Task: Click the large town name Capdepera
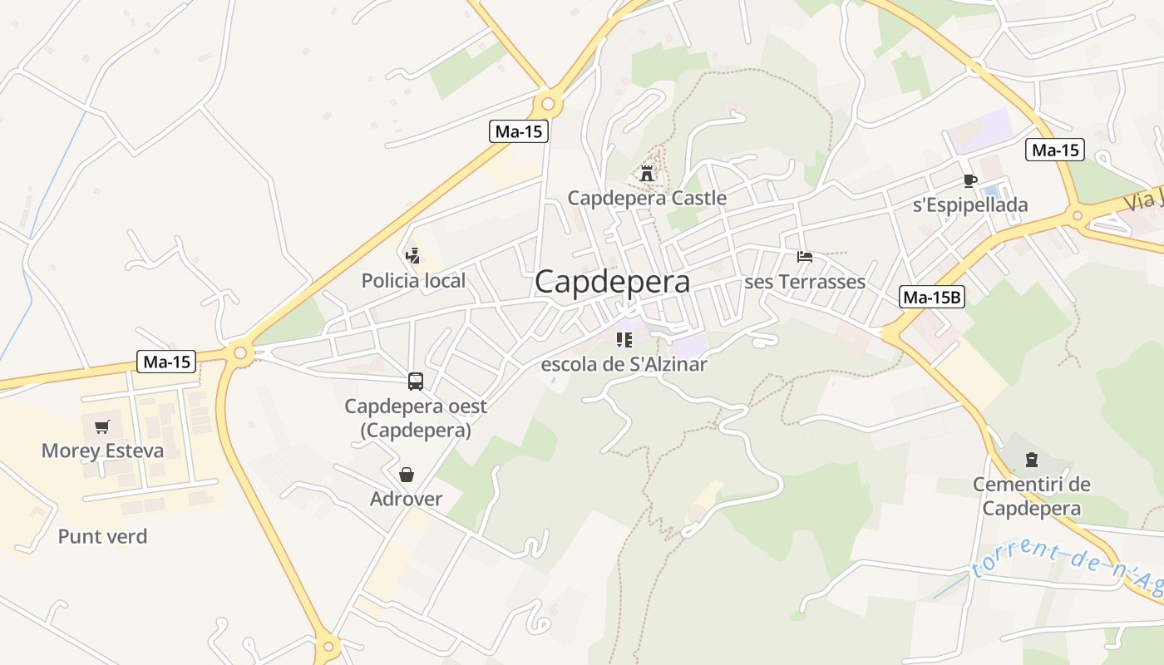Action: coord(612,282)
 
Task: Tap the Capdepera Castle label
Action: coord(647,198)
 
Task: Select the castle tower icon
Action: coord(647,174)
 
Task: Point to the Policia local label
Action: coord(413,281)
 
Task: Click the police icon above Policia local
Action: coord(412,256)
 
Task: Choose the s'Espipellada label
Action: coord(970,205)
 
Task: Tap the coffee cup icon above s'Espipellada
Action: coord(969,180)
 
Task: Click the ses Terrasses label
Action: coord(805,282)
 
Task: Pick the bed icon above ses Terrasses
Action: coord(805,257)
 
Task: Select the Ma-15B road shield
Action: coord(932,297)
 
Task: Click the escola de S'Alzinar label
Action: coord(624,364)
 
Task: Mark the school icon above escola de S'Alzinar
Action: coord(624,339)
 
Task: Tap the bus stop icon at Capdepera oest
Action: coord(416,382)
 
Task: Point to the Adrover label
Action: coord(406,500)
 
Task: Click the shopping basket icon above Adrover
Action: coord(407,475)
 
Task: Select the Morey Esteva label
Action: coord(102,451)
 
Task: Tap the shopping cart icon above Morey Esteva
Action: coord(101,427)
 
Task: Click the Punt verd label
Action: coord(102,537)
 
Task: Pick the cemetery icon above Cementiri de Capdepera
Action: coord(1031,460)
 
